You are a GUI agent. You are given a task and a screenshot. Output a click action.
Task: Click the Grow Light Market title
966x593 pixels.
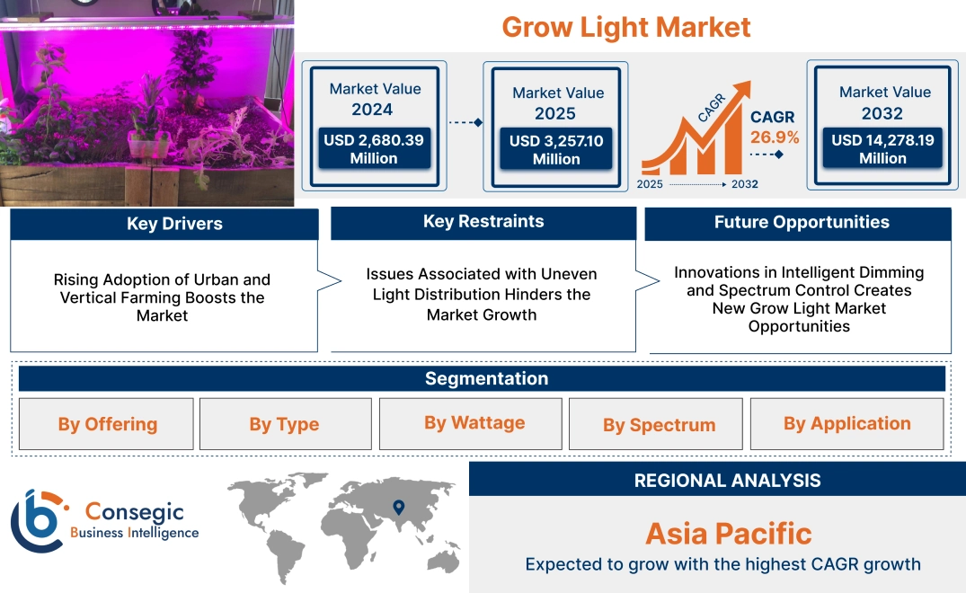625,27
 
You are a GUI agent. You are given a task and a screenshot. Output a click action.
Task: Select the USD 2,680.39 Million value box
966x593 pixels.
374,149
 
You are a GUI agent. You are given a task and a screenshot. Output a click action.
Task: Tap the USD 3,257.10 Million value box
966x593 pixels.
556,150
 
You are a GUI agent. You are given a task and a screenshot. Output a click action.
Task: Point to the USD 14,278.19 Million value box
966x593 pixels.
882,149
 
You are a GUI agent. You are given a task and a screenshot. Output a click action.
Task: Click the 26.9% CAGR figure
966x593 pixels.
775,137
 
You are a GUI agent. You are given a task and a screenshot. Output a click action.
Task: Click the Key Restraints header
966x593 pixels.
483,222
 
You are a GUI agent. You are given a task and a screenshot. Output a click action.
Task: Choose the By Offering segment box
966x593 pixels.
107,424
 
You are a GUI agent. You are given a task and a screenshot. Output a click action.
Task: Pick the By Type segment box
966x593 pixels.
284,424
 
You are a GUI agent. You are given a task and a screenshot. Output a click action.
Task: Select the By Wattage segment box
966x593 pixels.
474,423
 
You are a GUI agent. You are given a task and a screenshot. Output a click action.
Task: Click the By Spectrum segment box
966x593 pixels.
659,425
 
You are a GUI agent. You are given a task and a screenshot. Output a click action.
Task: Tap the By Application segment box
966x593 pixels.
846,424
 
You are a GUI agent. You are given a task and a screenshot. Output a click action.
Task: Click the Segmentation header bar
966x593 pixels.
486,378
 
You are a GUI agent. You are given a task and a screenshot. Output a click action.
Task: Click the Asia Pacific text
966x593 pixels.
728,534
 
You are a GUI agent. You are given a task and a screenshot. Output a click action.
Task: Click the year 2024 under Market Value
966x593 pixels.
372,110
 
